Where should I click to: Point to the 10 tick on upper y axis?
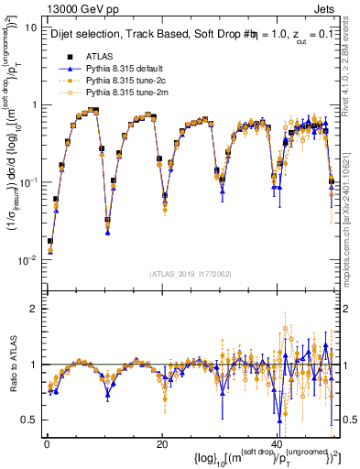29,27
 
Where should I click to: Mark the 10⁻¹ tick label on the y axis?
27,182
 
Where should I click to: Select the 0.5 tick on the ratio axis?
29,420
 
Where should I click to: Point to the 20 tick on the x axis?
162,444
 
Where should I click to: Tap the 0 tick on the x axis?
46,444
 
